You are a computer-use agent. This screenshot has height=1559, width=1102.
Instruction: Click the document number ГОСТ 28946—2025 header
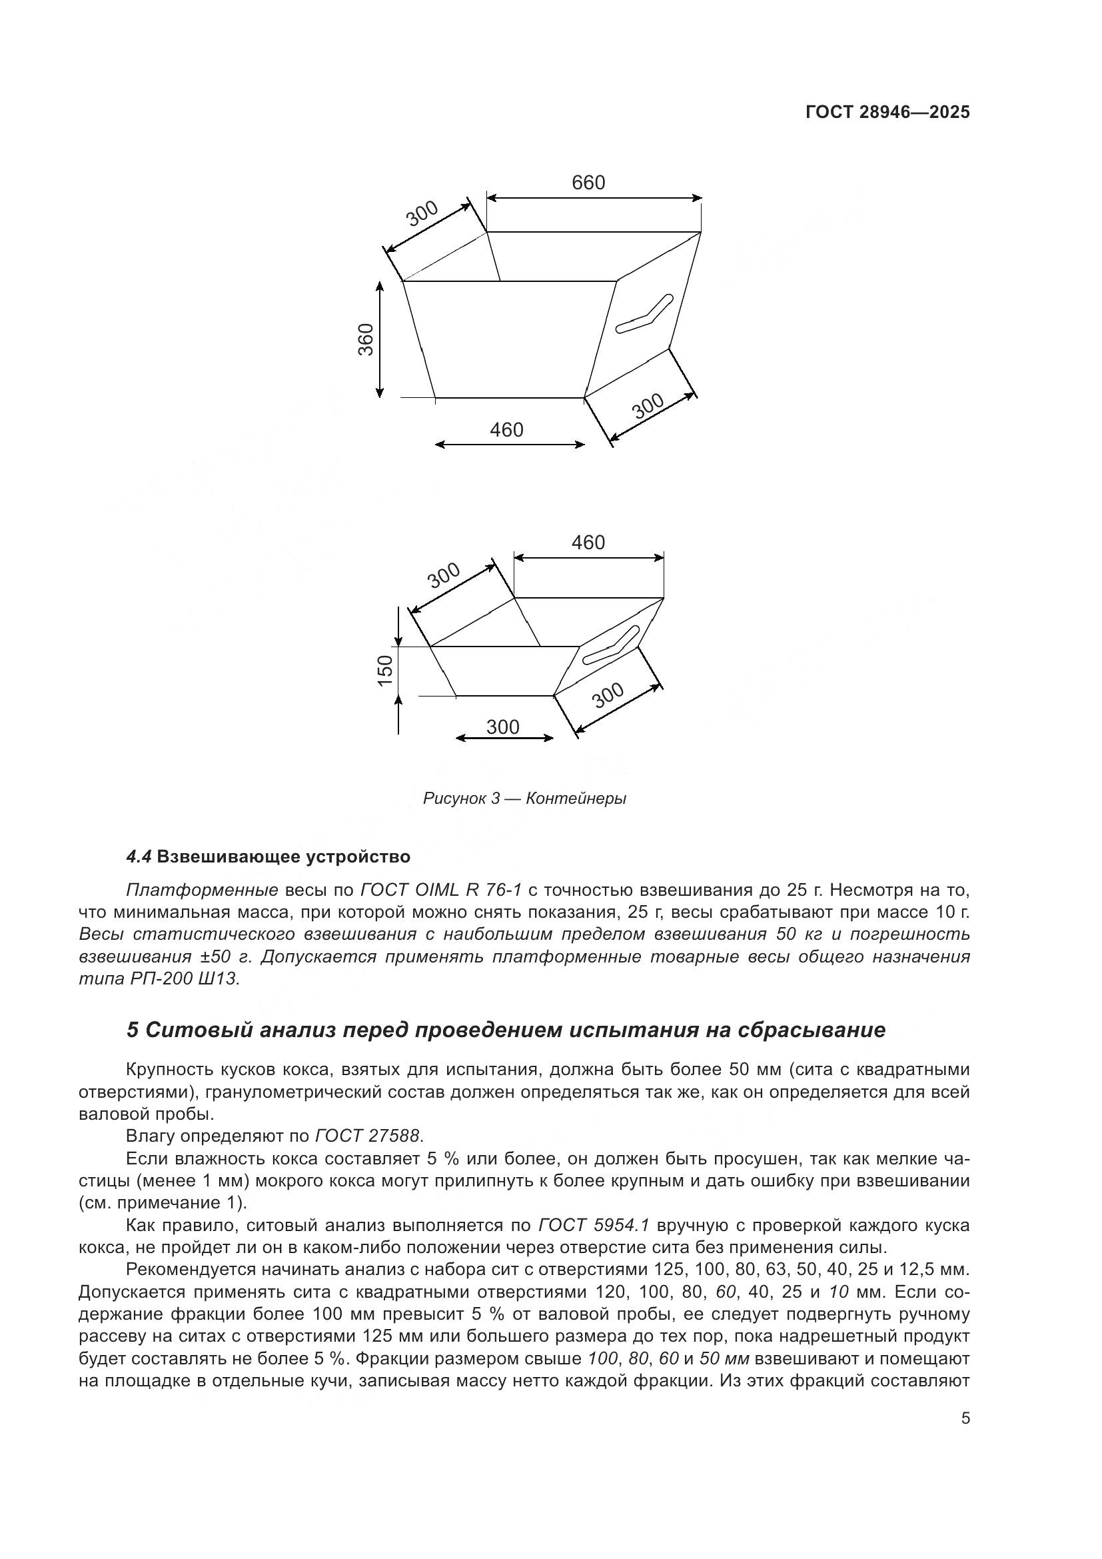(887, 112)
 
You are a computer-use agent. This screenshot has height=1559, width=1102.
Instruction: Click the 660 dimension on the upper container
(588, 183)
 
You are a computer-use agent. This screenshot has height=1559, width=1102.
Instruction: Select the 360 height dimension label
(366, 339)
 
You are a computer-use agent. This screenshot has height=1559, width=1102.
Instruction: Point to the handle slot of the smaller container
(610, 646)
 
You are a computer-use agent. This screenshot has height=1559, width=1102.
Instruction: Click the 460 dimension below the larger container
(507, 429)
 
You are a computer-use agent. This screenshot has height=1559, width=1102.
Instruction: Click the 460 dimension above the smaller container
(588, 542)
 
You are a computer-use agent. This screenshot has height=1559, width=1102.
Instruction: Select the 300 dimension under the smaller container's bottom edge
(503, 727)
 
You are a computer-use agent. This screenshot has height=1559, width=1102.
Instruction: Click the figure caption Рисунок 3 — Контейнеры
(524, 798)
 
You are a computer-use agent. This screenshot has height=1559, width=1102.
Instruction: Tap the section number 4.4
(139, 857)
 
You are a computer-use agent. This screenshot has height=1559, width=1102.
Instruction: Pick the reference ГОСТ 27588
(368, 1135)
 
